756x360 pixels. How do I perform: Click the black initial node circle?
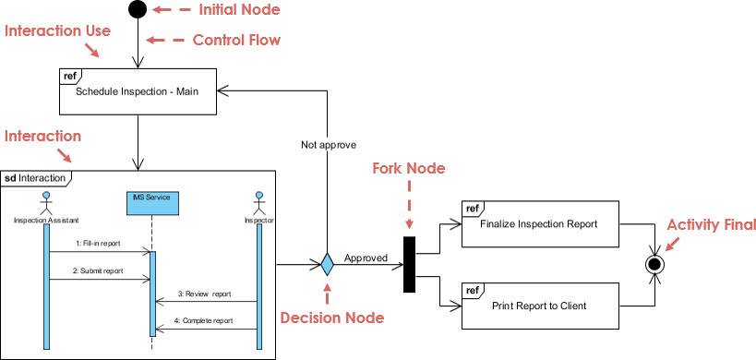tap(138, 10)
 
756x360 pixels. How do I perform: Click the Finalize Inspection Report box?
tap(540, 223)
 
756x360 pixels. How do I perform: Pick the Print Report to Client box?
tap(540, 306)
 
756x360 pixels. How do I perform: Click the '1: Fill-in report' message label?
tap(100, 244)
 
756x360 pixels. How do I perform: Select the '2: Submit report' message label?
tap(99, 271)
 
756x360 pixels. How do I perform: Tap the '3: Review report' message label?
tap(204, 294)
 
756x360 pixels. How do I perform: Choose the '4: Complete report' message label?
tap(204, 321)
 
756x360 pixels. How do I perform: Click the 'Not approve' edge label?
tap(329, 145)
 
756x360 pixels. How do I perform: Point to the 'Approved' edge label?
tap(366, 258)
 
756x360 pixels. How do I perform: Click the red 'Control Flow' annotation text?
tap(236, 40)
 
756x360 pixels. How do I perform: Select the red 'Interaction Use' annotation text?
tap(58, 30)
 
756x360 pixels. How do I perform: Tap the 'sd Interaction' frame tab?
tap(35, 177)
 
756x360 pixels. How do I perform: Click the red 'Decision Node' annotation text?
tap(331, 318)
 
